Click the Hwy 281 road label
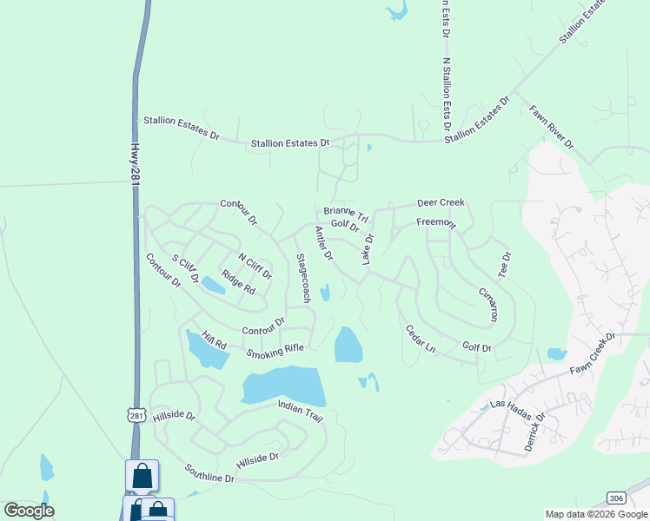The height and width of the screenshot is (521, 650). point(135,163)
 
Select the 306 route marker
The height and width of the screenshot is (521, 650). point(616,498)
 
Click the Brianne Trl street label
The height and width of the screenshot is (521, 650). point(347,213)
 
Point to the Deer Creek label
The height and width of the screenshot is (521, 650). point(441,202)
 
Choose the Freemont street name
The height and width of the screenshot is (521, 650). point(435,222)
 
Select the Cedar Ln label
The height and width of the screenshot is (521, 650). point(421,338)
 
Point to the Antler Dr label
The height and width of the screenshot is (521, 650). point(324,243)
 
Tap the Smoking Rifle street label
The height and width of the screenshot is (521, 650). point(275,350)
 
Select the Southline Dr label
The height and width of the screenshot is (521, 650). point(209,473)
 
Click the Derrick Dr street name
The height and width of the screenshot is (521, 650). point(534,431)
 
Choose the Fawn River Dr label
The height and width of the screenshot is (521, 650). point(552,128)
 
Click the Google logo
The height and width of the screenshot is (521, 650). point(29,511)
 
